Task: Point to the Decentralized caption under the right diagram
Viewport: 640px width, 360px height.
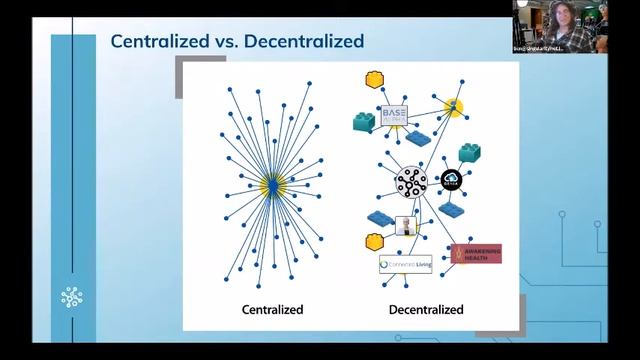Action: point(425,310)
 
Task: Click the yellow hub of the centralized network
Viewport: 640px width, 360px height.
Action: point(270,184)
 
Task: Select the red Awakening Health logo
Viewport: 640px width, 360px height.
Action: point(476,253)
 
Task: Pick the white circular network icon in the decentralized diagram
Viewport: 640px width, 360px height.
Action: point(411,182)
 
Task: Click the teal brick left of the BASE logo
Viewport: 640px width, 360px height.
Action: point(362,123)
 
